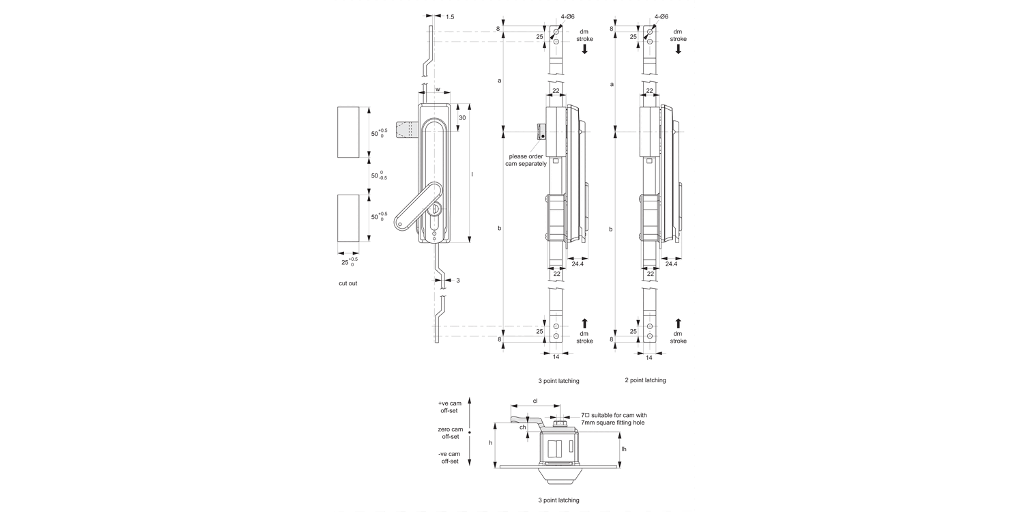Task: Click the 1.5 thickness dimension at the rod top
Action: [x=450, y=16]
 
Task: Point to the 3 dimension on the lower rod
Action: [x=457, y=281]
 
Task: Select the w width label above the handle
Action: [x=438, y=89]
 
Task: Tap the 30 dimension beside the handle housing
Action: [x=462, y=117]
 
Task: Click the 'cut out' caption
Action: [x=347, y=283]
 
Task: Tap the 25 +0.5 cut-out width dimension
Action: [x=348, y=261]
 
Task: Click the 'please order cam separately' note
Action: [x=526, y=160]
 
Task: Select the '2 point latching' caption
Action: [x=645, y=380]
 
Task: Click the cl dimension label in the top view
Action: [x=535, y=401]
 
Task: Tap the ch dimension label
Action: [x=523, y=427]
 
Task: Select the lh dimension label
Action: [x=624, y=449]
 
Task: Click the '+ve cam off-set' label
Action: [x=449, y=407]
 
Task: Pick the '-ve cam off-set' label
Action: [x=449, y=457]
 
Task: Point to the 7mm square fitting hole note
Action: [x=613, y=418]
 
